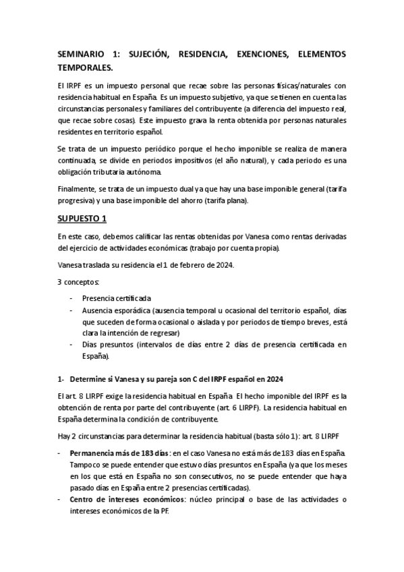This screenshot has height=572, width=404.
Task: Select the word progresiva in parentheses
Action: [78, 200]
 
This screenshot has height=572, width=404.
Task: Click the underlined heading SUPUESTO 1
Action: [82, 219]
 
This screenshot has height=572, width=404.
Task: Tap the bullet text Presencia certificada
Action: [117, 297]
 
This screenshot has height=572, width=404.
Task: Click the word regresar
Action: [163, 333]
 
